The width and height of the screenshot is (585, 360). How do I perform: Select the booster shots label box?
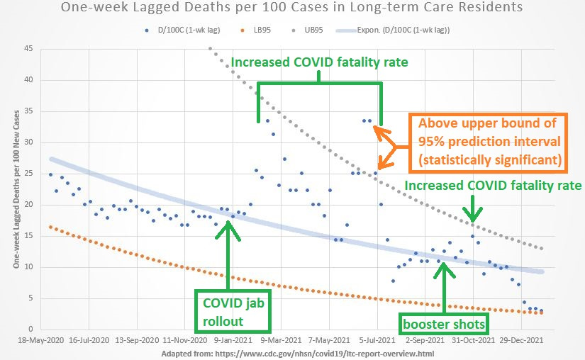[x=443, y=324]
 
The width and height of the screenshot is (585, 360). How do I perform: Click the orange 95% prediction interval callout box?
[x=489, y=142]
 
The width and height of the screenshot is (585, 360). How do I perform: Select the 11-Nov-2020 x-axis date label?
[x=189, y=341]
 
